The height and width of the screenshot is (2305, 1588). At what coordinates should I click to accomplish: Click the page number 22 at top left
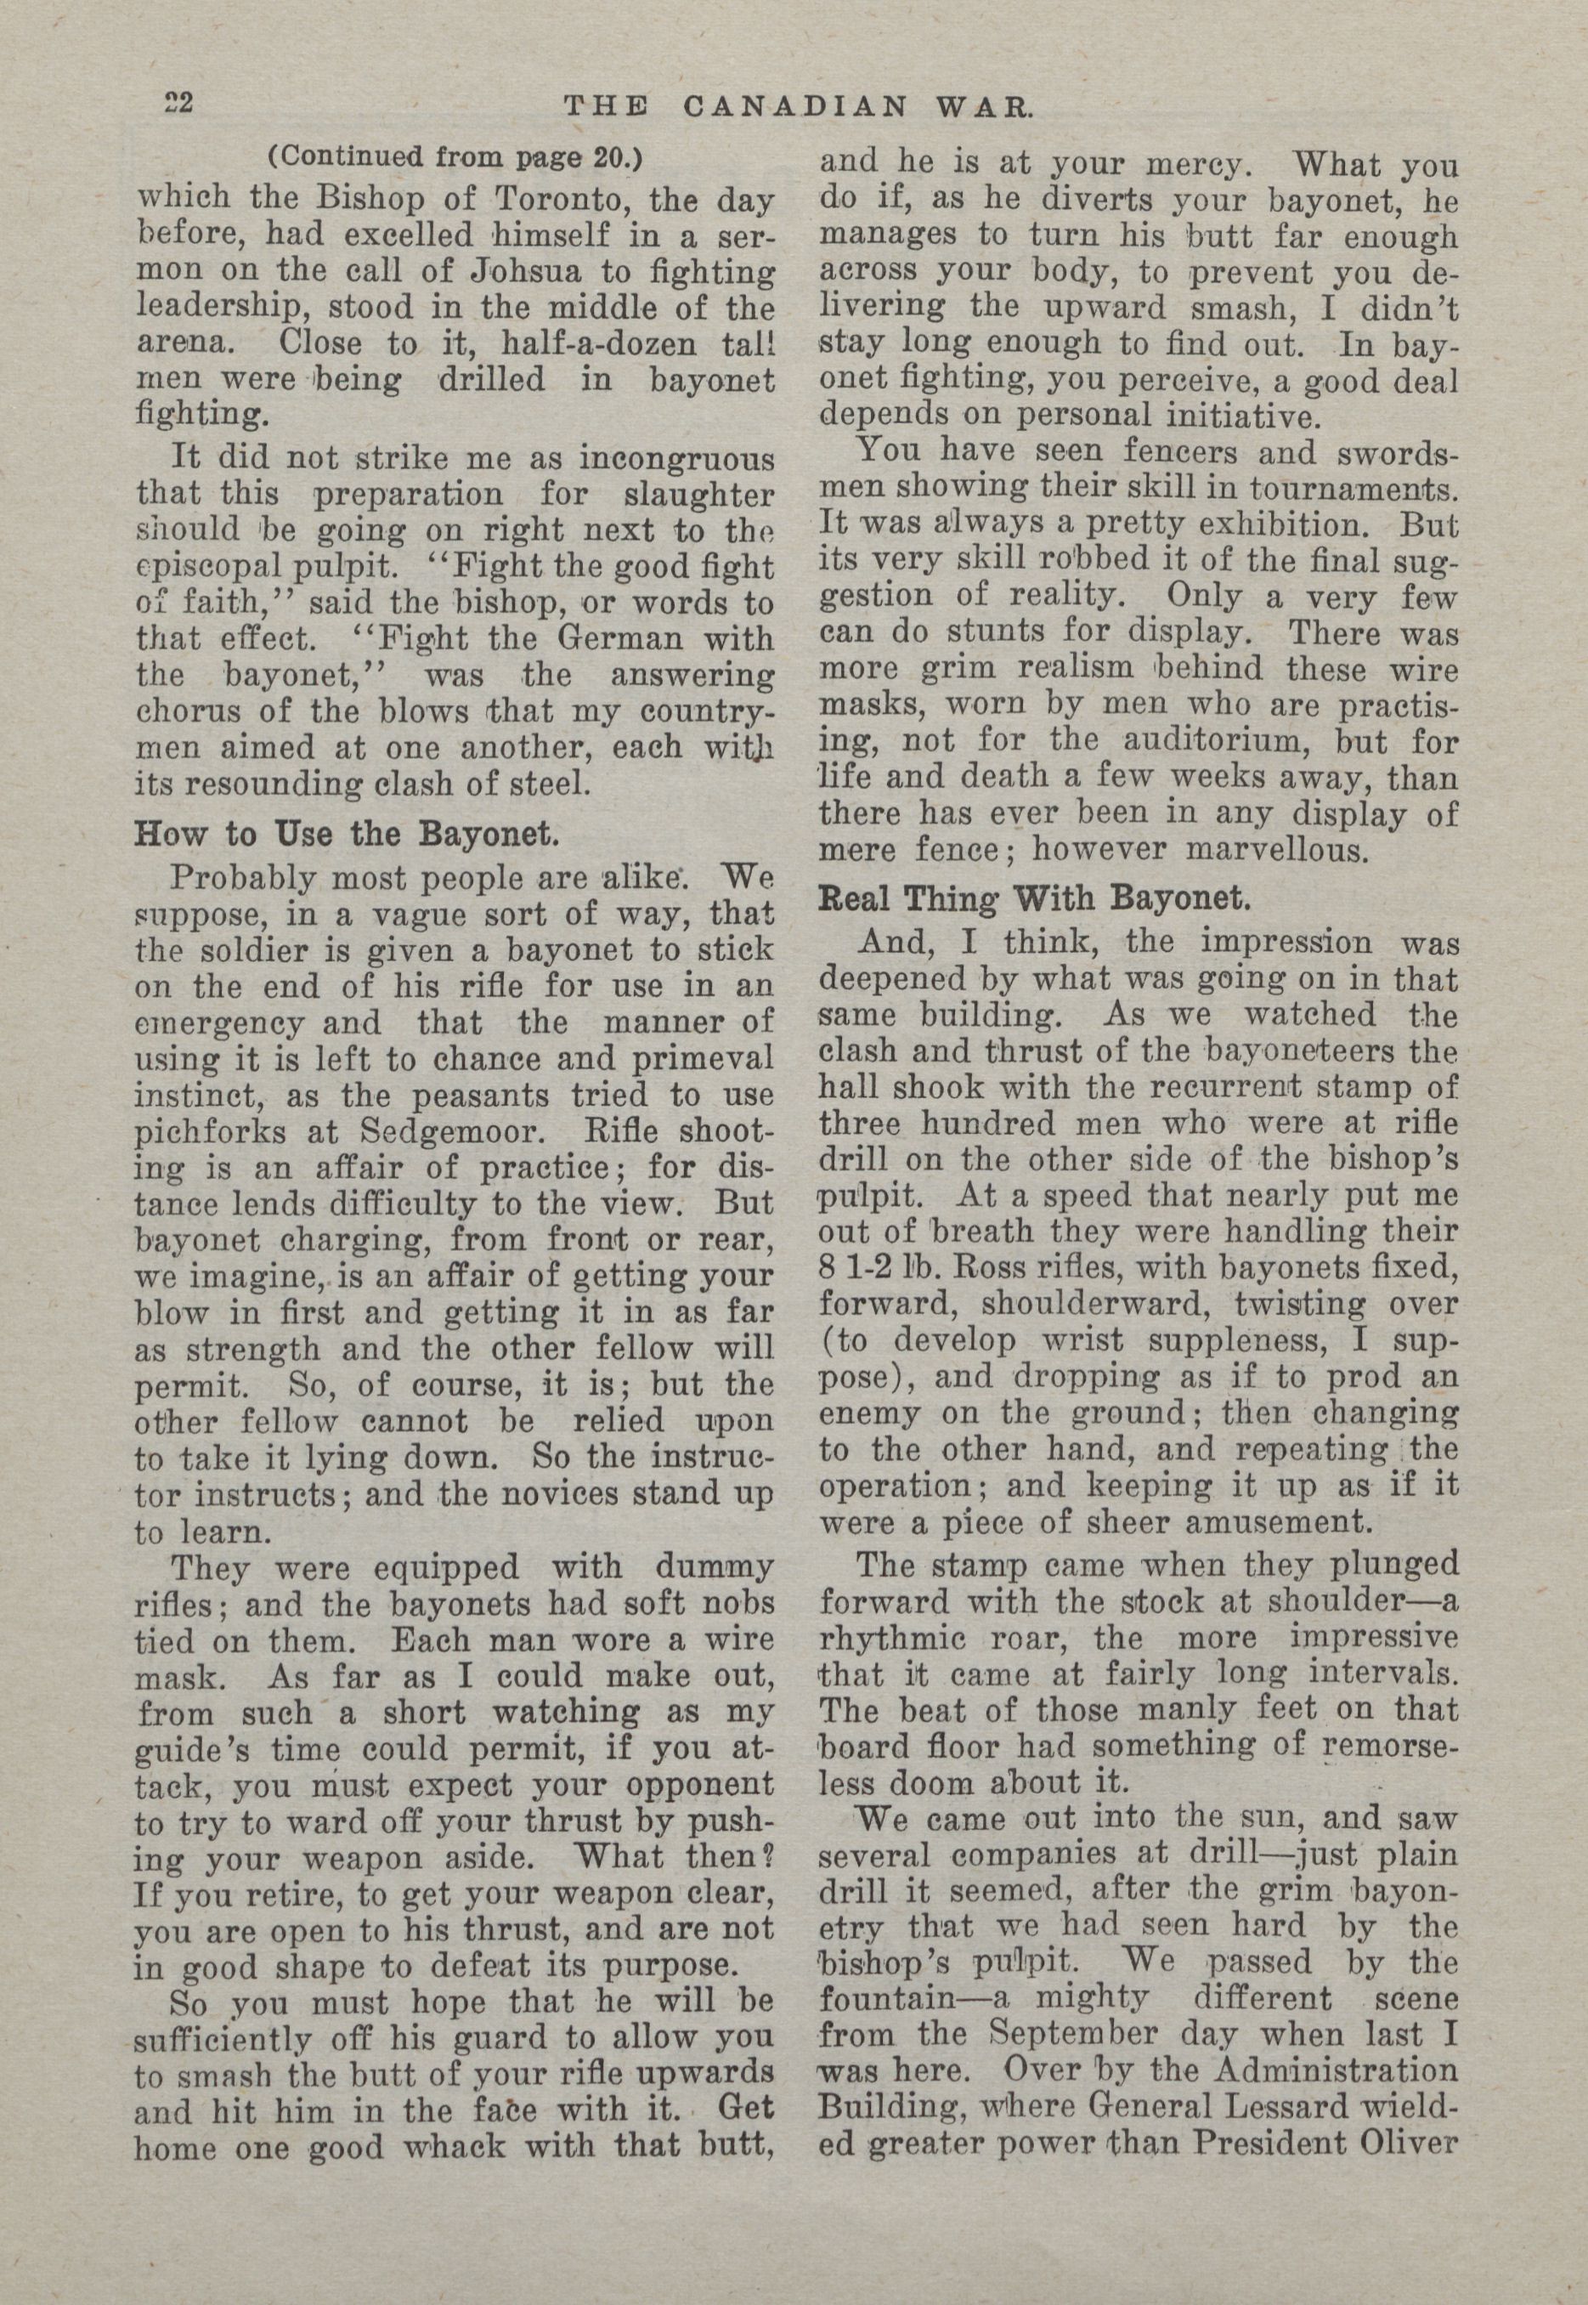(x=182, y=103)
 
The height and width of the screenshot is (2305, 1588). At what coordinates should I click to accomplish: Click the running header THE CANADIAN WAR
(x=797, y=105)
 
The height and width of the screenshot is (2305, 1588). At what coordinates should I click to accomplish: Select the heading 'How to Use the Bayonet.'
(x=348, y=832)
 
